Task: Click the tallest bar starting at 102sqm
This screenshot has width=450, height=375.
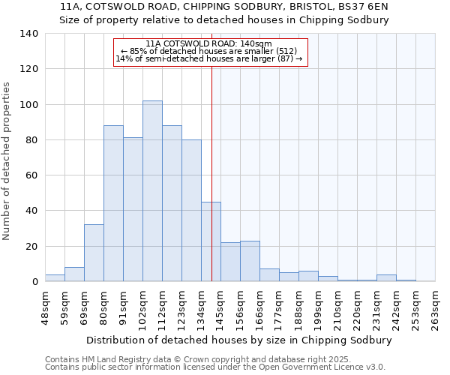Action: pos(152,191)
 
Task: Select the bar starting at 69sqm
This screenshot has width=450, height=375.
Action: pos(94,253)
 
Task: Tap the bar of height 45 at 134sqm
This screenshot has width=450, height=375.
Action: pos(211,241)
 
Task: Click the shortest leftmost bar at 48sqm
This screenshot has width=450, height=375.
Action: pos(55,278)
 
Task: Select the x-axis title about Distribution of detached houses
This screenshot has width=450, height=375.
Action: pos(239,340)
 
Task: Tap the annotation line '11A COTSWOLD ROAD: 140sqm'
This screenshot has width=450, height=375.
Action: pos(209,43)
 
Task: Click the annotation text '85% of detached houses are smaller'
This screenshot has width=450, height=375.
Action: pos(209,51)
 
